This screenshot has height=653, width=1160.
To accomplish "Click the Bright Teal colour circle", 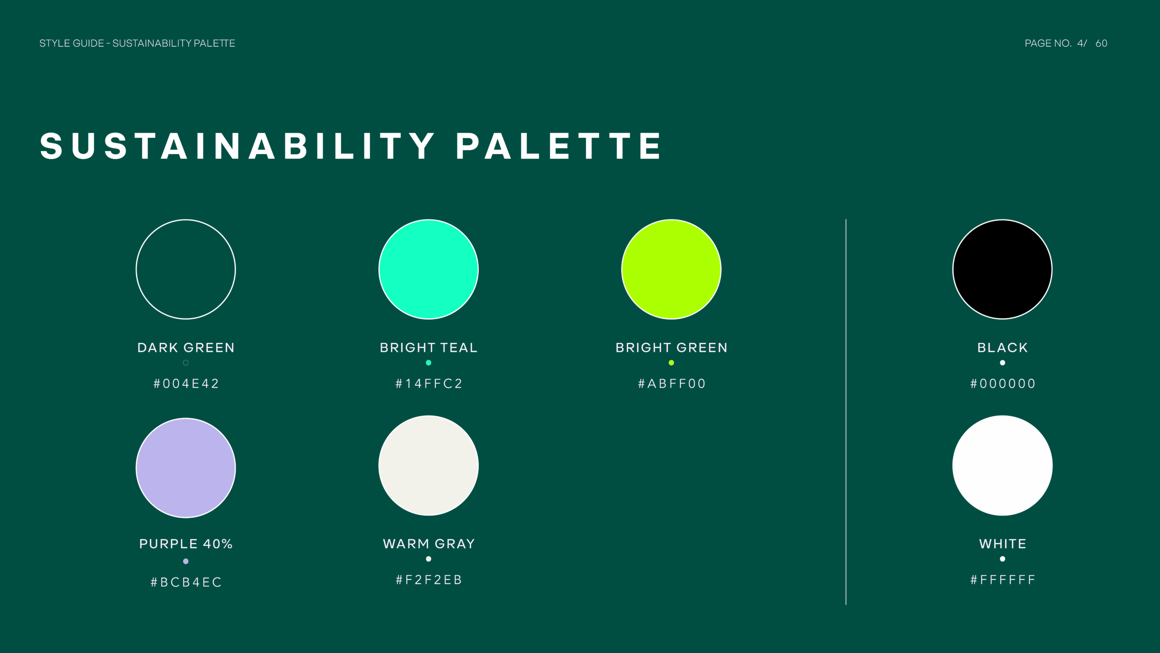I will coord(428,269).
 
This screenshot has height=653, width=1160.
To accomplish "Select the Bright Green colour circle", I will coord(671,269).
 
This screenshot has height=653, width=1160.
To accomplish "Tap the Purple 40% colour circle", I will coord(186,468).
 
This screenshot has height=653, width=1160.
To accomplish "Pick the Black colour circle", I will coord(1002,269).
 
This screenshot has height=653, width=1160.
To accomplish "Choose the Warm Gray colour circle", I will coord(428,465).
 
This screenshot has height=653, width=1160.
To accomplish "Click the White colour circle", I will coord(1002,465).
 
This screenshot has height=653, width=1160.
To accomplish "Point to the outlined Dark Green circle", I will coord(186,269).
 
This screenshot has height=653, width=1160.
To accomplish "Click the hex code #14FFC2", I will coord(429,384).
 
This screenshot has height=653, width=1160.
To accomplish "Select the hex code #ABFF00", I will coord(672,384).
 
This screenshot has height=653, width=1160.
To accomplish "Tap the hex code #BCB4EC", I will coord(186,582).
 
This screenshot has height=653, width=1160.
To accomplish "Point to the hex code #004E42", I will coord(186,384).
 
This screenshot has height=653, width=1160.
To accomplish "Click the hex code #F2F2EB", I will coord(429,580).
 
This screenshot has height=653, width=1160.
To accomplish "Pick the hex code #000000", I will coord(1003,384).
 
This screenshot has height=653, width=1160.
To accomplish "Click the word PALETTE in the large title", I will coord(558,146).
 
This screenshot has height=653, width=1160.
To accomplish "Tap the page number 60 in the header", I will coord(1101,44).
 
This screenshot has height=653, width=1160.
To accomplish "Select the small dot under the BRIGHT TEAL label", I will coord(428,363).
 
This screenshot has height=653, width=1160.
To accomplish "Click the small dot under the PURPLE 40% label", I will coord(186,561).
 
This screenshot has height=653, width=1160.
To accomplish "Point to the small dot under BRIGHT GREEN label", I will coord(671,363).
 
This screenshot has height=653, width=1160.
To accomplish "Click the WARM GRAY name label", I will coord(429,544).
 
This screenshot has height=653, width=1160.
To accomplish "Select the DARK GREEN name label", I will coord(186,348).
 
